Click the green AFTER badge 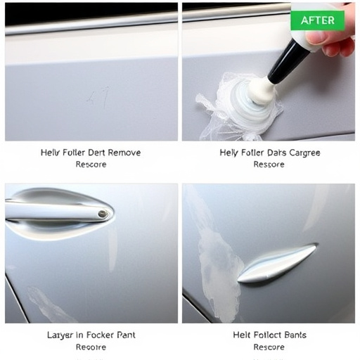317,20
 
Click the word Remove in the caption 122,153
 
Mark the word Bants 293,335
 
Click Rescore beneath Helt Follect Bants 269,347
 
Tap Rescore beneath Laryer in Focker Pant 91,347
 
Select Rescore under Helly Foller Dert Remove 91,165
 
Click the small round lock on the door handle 103,214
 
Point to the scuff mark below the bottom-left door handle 53,304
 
